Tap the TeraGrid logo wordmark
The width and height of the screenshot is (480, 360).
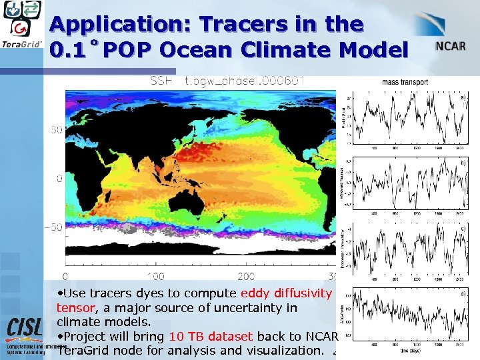[23, 45]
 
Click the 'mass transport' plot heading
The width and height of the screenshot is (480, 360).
[405, 83]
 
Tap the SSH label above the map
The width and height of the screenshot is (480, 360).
[161, 81]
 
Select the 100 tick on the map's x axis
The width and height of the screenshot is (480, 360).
[155, 276]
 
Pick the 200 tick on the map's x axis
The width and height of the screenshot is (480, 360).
[246, 276]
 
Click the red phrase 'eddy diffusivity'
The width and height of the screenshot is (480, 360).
[286, 293]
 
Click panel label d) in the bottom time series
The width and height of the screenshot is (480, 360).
[463, 294]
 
